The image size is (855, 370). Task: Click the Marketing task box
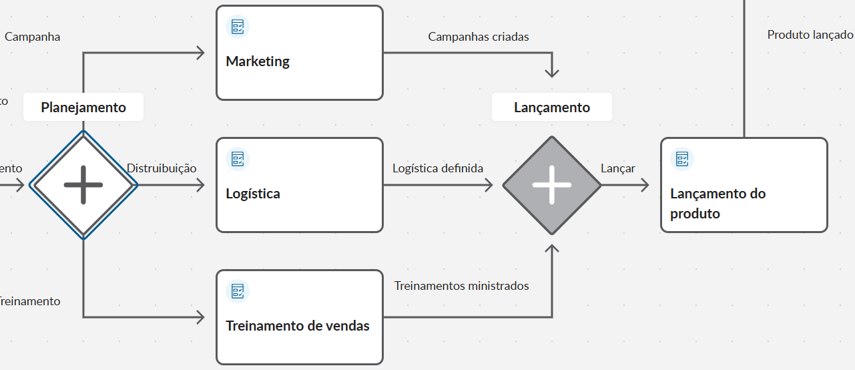click(x=300, y=53)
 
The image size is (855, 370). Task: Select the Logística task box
click(x=300, y=185)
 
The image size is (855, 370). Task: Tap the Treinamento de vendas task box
click(x=300, y=317)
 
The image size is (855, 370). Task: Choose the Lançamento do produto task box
click(x=744, y=185)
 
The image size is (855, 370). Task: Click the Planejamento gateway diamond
click(x=83, y=184)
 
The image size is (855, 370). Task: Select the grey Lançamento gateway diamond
click(x=552, y=185)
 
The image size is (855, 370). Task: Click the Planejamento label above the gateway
click(x=83, y=107)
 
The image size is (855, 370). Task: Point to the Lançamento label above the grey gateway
click(x=552, y=108)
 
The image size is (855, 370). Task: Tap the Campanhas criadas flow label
click(x=479, y=37)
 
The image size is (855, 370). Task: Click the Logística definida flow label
click(x=438, y=168)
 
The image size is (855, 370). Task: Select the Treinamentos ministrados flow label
click(x=462, y=286)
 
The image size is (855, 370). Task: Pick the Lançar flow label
click(x=618, y=168)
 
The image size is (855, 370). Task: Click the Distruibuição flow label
click(x=162, y=168)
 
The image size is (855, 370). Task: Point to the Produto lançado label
click(x=810, y=35)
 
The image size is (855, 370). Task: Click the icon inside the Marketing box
click(x=238, y=27)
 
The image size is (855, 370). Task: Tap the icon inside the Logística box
click(x=238, y=159)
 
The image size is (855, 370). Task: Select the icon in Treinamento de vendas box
click(x=238, y=291)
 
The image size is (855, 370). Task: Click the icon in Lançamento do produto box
click(x=682, y=159)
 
